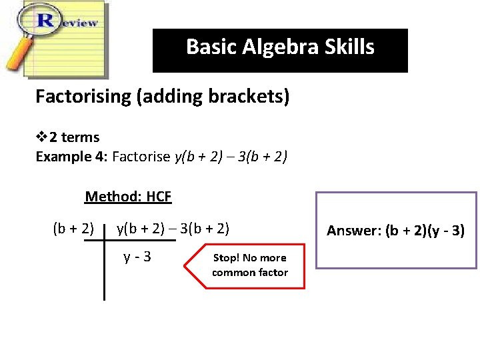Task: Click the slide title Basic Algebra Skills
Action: point(280,47)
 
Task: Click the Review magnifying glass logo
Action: point(57,37)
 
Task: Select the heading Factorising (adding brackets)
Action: point(163,97)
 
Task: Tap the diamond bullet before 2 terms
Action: point(41,137)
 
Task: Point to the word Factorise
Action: point(141,157)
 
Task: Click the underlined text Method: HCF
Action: point(128,197)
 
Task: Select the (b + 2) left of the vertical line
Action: point(73,229)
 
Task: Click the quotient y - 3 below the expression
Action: point(137,257)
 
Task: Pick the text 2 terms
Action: point(75,137)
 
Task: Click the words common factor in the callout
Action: point(250,273)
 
